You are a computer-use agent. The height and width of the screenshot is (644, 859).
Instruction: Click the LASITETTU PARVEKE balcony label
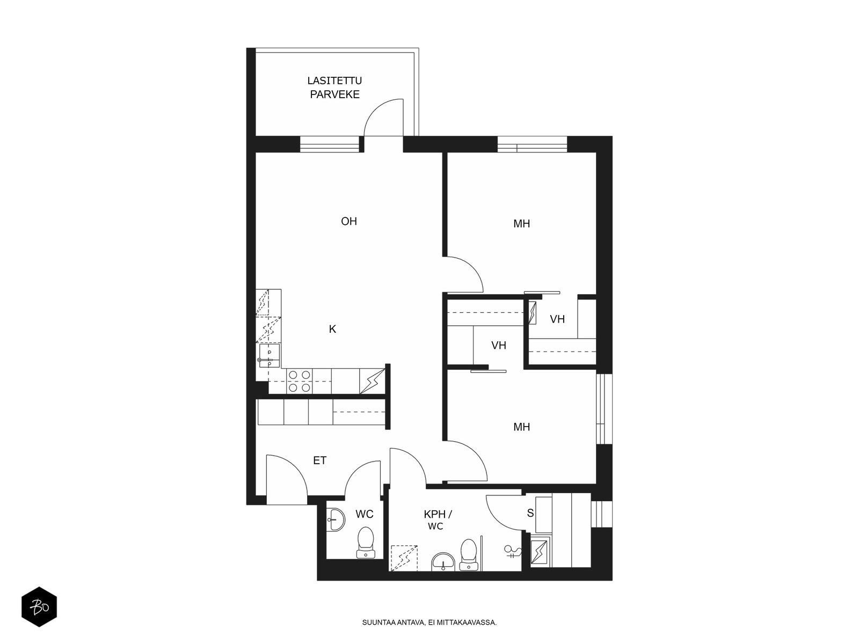point(334,87)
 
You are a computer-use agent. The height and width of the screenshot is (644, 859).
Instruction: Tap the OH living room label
point(348,221)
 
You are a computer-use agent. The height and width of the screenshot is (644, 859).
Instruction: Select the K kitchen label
point(332,329)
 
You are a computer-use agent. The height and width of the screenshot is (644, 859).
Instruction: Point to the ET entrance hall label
point(320,460)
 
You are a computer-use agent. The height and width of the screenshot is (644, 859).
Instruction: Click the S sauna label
point(530,513)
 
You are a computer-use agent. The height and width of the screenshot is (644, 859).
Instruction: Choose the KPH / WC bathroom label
point(438,520)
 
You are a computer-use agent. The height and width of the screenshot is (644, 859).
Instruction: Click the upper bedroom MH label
point(522,224)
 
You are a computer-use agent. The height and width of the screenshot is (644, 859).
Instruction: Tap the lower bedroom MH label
point(522,427)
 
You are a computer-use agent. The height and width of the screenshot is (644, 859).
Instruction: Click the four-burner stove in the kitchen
point(300,381)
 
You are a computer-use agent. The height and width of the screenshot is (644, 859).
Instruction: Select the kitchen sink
point(270,356)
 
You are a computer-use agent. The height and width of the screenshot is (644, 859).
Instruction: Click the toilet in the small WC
point(366,543)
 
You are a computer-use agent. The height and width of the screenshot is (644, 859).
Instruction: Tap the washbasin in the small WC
point(336,519)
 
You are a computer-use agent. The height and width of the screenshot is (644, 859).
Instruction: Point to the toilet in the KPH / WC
point(469,554)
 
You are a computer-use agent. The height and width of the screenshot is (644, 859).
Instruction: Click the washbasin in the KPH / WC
point(443,562)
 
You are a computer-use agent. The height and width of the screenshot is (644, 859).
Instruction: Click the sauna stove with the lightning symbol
point(540,551)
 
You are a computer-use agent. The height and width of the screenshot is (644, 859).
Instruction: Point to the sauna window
point(601,514)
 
